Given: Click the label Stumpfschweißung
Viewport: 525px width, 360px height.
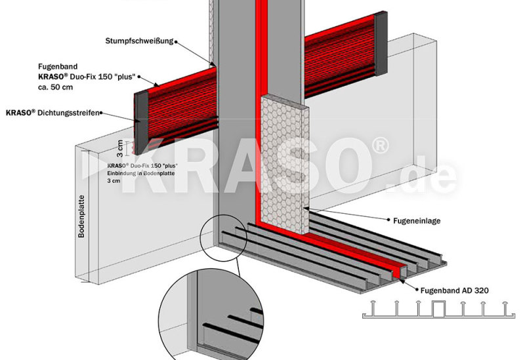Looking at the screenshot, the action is pyautogui.click(x=139, y=41).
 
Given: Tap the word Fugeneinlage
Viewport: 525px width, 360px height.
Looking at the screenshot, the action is pyautogui.click(x=417, y=221).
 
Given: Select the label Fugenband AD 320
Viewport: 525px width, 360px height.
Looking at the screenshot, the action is pyautogui.click(x=454, y=290).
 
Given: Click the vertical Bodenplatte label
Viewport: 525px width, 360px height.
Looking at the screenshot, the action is pyautogui.click(x=81, y=216).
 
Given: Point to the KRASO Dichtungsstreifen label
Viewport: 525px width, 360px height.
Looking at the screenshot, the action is pyautogui.click(x=52, y=113).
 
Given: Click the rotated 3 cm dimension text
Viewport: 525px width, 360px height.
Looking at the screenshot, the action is pyautogui.click(x=120, y=149).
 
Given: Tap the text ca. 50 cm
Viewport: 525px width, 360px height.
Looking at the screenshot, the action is pyautogui.click(x=56, y=87).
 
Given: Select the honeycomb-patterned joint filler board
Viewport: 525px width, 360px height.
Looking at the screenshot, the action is pyautogui.click(x=285, y=164).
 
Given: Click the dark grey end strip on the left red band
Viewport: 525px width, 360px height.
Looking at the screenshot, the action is pyautogui.click(x=141, y=123).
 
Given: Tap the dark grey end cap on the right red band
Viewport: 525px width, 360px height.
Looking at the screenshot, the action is pyautogui.click(x=381, y=43).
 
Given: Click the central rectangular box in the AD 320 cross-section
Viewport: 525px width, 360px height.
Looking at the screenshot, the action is pyautogui.click(x=439, y=309).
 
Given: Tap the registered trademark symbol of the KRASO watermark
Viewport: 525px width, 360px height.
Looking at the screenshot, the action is pyautogui.click(x=380, y=146).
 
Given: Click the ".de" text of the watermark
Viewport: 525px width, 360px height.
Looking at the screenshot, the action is pyautogui.click(x=423, y=176).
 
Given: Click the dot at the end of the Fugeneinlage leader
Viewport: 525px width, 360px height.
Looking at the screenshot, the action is pyautogui.click(x=388, y=220).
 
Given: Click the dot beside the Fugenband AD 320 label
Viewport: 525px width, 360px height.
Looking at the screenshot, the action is pyautogui.click(x=417, y=290).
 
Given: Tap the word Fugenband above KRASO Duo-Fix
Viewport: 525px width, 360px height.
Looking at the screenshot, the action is pyautogui.click(x=58, y=67).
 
